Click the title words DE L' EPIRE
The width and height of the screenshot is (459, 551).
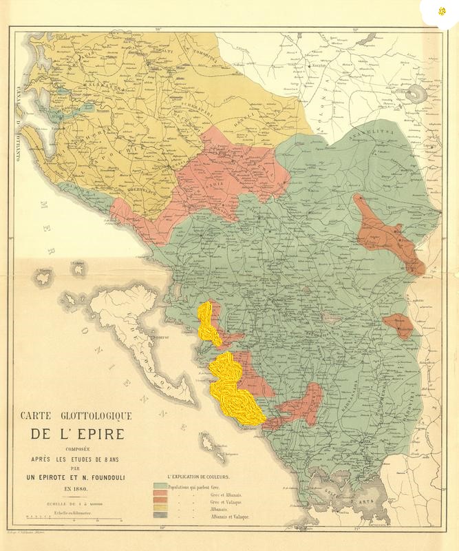point(76,435)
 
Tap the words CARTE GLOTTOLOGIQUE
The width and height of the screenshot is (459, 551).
point(76,416)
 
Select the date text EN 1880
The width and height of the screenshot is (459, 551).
point(76,488)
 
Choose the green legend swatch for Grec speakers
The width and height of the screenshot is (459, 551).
point(160,486)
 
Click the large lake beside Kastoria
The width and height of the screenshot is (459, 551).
point(416,94)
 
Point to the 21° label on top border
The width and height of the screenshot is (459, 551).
point(356,29)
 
